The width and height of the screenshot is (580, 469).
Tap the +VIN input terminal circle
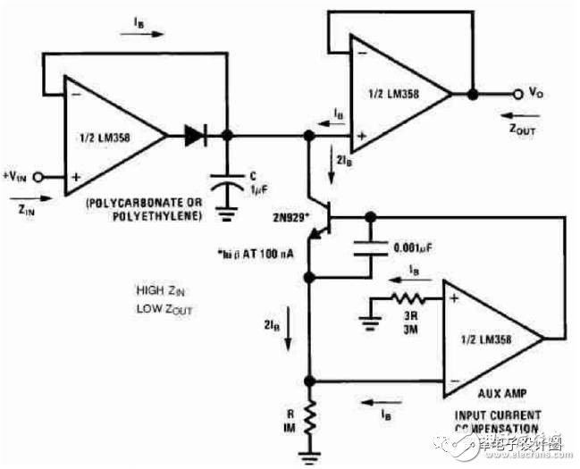(x=38, y=176)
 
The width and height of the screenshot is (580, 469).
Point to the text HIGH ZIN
(x=162, y=290)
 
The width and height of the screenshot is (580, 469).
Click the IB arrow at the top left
(x=140, y=36)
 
